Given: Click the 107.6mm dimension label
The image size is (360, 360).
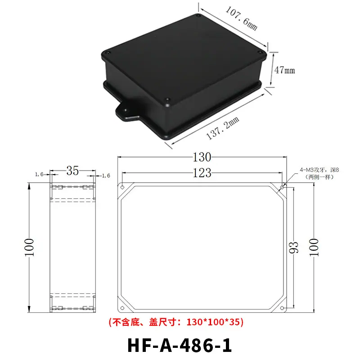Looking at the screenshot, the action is (242, 18).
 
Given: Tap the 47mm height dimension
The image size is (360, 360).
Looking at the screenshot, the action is (284, 70).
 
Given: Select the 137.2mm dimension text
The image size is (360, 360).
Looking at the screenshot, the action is (222, 128).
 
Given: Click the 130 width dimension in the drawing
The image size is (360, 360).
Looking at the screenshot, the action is (202, 157).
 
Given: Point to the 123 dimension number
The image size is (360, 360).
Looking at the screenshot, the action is (202, 173).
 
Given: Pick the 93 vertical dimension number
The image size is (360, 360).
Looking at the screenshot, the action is (293, 247).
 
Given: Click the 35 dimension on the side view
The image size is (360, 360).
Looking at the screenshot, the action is (72, 171).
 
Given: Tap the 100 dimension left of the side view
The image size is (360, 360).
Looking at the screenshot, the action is (29, 247).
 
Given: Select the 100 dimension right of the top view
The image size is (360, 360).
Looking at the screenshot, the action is (314, 247).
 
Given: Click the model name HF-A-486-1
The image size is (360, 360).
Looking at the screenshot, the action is (180, 345).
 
